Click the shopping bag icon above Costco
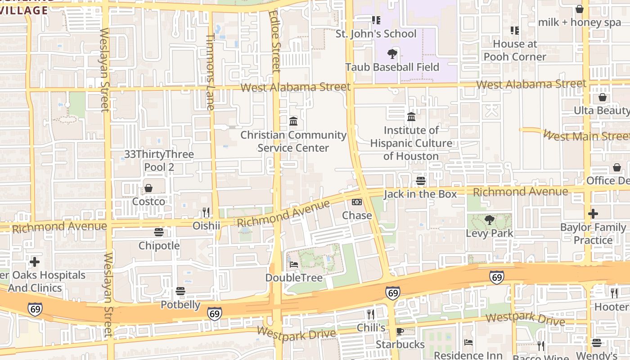pos(148,188)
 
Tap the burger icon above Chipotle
pos(159,232)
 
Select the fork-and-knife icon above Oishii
pos(206,212)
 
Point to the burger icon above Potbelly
pos(180,291)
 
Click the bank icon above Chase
pos(357,202)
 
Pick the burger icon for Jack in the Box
pos(421,181)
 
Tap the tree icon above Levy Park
pos(490,220)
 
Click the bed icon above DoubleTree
pos(294,265)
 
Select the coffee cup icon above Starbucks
pos(400,332)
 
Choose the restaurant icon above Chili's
pos(371,314)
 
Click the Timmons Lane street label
pos(210,72)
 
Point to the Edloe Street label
pos(275,41)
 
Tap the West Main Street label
pos(586,135)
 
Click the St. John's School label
pos(376,34)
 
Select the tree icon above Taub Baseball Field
pos(392,54)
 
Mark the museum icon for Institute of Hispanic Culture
pos(411,117)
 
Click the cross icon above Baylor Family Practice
pos(593,214)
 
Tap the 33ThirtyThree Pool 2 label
pos(159,161)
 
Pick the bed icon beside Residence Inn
pos(468,342)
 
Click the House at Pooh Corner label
pos(515,50)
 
